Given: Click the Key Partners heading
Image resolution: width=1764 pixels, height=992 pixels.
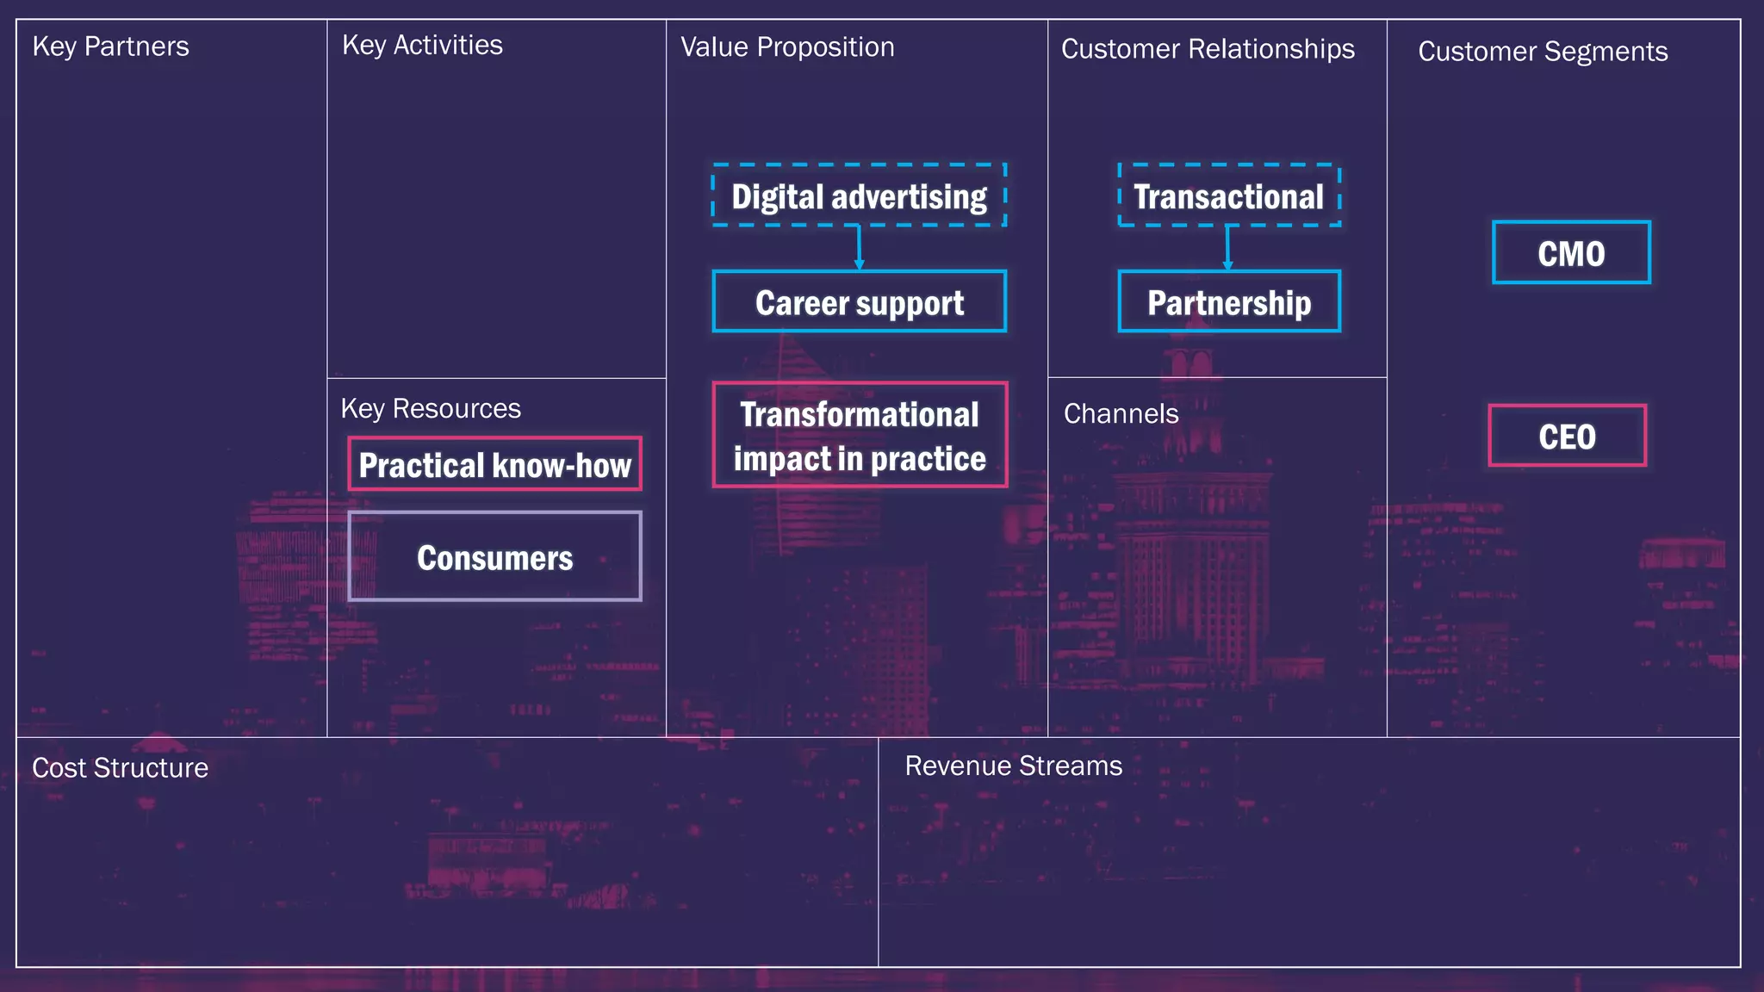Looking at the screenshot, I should (x=110, y=46).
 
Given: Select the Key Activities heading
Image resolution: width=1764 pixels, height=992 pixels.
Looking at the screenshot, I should (x=422, y=46).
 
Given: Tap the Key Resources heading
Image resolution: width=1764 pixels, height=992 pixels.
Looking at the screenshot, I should (x=431, y=408).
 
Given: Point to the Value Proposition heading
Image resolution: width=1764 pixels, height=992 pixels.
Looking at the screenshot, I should (x=787, y=47).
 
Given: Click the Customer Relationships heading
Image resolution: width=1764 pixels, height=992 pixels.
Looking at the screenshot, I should (x=1208, y=49).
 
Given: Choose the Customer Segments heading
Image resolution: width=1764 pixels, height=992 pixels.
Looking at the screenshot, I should (x=1543, y=52).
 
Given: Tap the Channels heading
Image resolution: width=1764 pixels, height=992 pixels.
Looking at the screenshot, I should (x=1121, y=414).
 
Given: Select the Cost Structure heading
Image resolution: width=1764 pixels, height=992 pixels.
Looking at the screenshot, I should (x=120, y=768).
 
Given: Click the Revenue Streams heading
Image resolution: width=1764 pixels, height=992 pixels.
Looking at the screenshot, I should (x=1013, y=766).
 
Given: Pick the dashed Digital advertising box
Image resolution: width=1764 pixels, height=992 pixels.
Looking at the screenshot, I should (x=859, y=195).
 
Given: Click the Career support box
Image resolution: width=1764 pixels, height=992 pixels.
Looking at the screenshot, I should (x=859, y=302).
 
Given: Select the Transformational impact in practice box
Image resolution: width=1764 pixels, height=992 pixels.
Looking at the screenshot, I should (x=860, y=436).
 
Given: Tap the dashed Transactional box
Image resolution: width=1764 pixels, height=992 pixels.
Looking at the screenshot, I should (x=1228, y=195).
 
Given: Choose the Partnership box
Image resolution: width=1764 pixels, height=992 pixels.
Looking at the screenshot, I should (x=1228, y=302).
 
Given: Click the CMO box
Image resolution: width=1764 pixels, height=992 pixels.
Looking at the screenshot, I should (x=1571, y=253).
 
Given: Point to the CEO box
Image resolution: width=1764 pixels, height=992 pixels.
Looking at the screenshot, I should (x=1567, y=436).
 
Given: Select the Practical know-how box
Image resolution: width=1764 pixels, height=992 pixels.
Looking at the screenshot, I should (x=494, y=465).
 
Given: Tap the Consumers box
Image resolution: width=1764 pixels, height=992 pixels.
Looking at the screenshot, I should (x=494, y=557).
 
